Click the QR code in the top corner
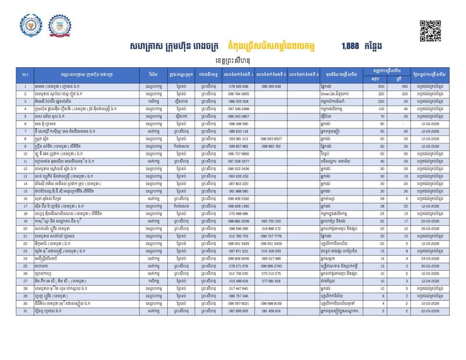pos(430,31)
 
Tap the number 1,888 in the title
pos(350,46)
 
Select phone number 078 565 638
pos(238,87)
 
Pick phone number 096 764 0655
pos(238,94)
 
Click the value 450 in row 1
pos(405,87)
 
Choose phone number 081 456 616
pos(271,311)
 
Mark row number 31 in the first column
pos(25,311)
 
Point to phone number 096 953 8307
pos(271,139)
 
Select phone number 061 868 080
pos(238,191)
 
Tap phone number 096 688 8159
pos(271,304)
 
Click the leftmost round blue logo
pos(31,25)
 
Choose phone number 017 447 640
pos(238,289)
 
